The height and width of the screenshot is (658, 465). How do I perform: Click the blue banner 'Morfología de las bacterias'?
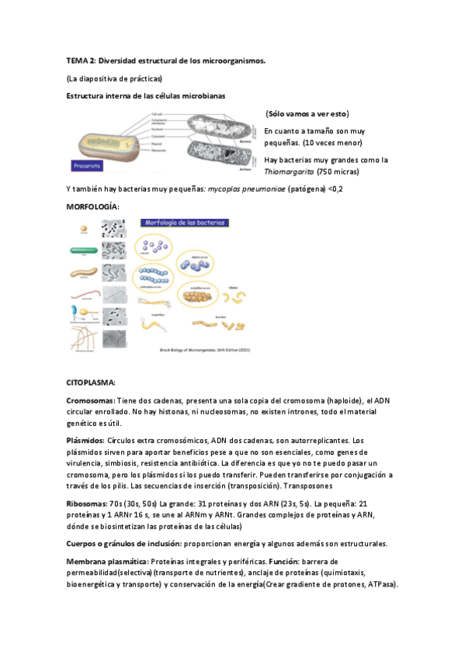click(x=186, y=223)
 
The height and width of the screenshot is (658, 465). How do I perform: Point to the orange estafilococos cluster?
click(x=200, y=296)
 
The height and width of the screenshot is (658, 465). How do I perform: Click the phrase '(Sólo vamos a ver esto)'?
click(x=307, y=113)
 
